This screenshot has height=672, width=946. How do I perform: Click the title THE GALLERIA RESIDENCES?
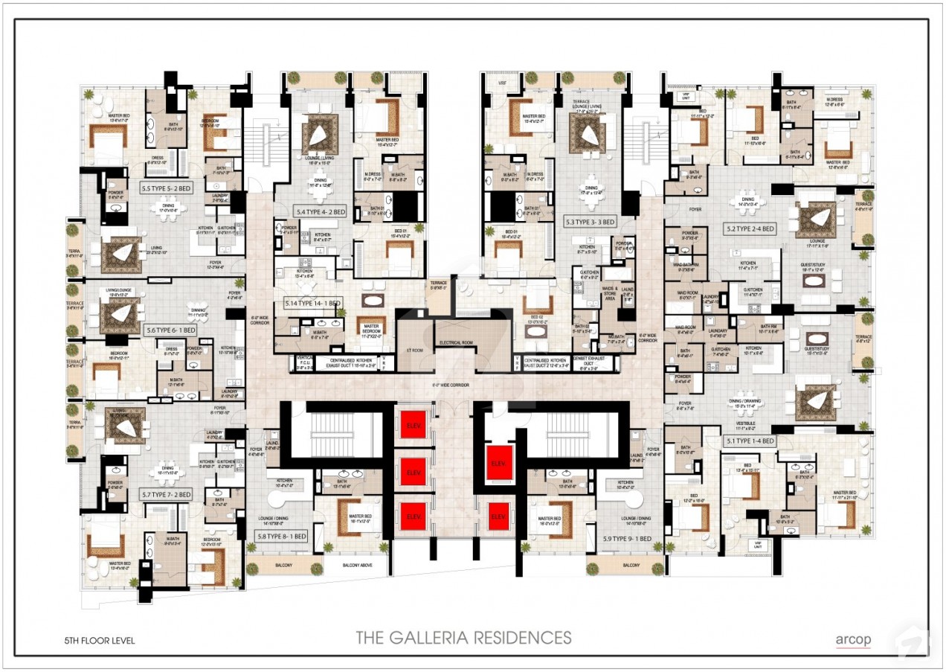pos(463,638)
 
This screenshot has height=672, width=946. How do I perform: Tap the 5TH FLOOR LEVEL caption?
pos(100,640)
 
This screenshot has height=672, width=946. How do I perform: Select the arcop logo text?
pos(852,639)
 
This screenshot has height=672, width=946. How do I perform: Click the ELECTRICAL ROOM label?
pos(456,342)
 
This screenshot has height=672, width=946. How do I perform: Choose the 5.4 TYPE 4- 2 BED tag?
pos(320,212)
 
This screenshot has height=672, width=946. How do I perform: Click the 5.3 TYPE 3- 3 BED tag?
pos(590,222)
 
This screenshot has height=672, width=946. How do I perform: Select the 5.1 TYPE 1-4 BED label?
pos(749,441)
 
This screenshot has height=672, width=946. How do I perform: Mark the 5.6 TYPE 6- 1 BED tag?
pos(170,330)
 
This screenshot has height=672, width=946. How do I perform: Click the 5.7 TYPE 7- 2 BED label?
pos(165,494)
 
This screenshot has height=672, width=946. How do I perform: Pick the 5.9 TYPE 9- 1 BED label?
pos(627,538)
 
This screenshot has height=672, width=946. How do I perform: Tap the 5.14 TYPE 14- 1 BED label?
pos(312,304)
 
